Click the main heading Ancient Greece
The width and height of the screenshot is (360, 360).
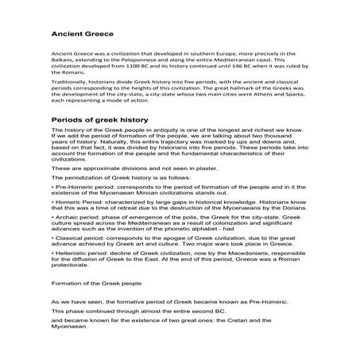tap(83, 35)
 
